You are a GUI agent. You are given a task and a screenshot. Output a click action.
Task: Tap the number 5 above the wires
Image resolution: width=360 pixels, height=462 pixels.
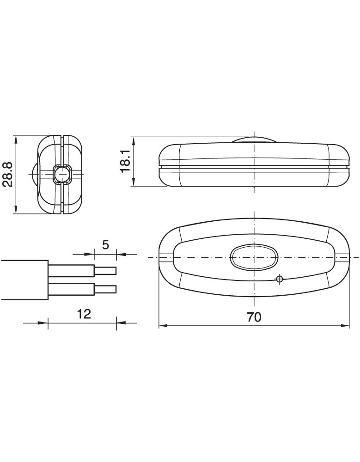(105, 244)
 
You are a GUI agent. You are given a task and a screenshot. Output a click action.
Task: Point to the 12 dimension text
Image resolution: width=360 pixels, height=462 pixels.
(84, 314)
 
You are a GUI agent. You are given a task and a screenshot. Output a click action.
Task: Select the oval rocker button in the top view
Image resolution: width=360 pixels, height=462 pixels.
(254, 257)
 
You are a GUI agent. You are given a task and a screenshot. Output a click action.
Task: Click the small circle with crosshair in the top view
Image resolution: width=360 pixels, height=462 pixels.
(279, 279)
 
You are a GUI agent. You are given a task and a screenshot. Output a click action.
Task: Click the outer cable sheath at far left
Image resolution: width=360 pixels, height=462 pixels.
(23, 280)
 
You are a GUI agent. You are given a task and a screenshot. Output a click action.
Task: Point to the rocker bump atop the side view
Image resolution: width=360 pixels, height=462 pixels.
(254, 140)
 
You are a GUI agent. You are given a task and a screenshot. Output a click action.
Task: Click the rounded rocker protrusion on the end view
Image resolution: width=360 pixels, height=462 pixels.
(35, 175)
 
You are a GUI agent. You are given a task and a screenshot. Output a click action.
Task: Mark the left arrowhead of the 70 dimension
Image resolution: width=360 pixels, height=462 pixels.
(162, 326)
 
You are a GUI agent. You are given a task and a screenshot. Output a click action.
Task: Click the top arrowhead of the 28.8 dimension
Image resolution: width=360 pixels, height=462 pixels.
(17, 139)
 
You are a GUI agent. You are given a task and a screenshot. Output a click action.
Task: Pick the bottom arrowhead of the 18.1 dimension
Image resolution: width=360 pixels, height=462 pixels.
(133, 183)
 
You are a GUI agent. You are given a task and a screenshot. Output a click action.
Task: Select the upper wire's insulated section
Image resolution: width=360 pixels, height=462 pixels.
(72, 270)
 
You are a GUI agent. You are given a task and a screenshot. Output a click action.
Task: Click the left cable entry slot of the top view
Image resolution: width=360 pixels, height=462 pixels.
(165, 257)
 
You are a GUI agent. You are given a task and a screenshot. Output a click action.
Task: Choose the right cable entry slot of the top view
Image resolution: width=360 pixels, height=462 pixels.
(342, 257)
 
